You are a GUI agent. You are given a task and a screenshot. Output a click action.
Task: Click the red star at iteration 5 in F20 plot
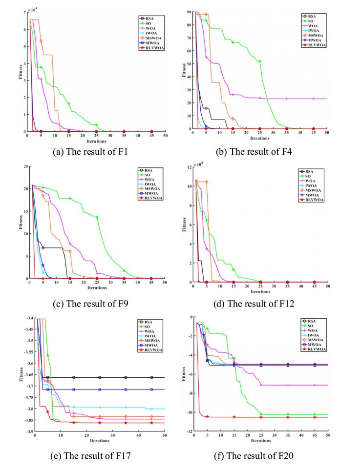pos(207,416)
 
